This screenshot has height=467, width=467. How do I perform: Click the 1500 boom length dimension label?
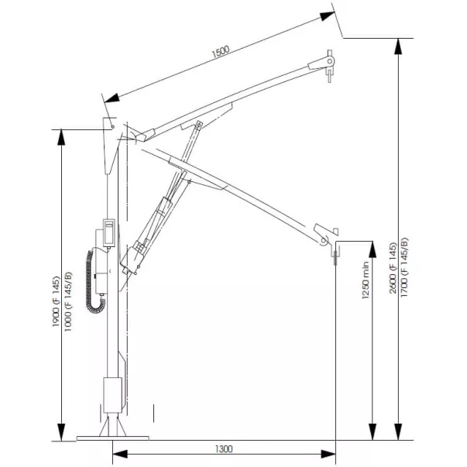click(221, 52)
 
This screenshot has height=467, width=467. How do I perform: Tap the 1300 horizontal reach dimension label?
click(224, 449)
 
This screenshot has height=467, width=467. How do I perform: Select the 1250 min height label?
click(366, 280)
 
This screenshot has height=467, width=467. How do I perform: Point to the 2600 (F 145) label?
click(393, 268)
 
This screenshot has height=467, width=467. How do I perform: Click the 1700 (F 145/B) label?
click(404, 267)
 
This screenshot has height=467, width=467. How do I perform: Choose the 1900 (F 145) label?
click(56, 302)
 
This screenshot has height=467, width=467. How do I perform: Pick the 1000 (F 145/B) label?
click(68, 301)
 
